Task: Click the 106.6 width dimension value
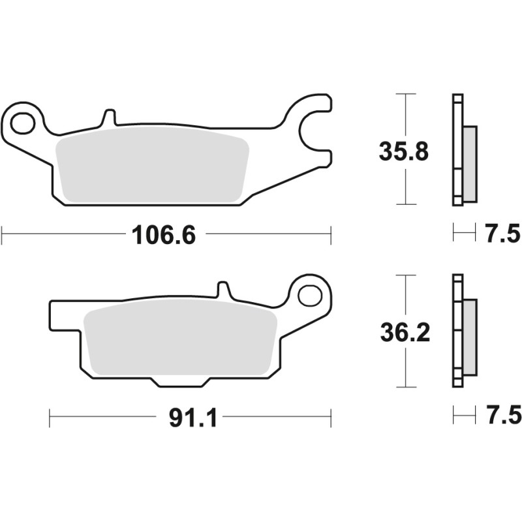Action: [164, 234]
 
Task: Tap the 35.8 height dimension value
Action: [404, 151]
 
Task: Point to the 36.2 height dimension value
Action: [404, 333]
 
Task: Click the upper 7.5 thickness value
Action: [502, 232]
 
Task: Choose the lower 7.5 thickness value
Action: [502, 415]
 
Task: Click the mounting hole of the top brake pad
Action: [24, 122]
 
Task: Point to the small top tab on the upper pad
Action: [109, 117]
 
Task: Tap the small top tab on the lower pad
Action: [223, 290]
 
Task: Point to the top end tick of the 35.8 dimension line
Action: [406, 94]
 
